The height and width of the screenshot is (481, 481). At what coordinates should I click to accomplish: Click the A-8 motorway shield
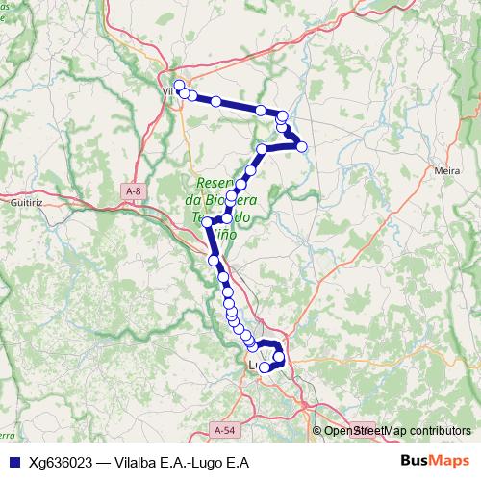pyautogui.click(x=133, y=192)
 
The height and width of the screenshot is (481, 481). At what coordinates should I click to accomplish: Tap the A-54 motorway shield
pyautogui.click(x=224, y=430)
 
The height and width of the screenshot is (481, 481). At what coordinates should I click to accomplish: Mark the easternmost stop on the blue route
pyautogui.click(x=302, y=146)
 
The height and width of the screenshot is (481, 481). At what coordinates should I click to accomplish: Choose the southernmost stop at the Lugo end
pyautogui.click(x=265, y=367)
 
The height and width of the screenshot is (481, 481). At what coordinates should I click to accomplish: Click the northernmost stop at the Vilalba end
pyautogui.click(x=179, y=86)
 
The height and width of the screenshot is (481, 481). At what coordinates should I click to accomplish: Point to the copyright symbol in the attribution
pyautogui.click(x=317, y=430)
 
